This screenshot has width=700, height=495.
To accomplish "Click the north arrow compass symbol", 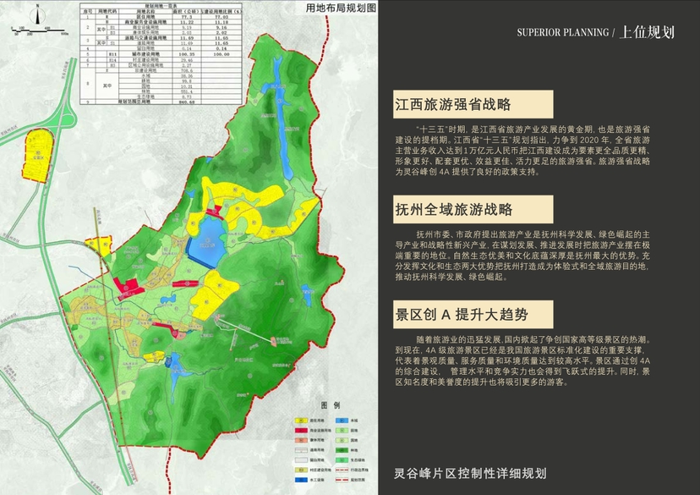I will pos(36,14).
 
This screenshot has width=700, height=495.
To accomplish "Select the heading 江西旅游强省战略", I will pos(453,105).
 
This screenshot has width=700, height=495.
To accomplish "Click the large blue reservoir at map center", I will pos(204,245).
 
